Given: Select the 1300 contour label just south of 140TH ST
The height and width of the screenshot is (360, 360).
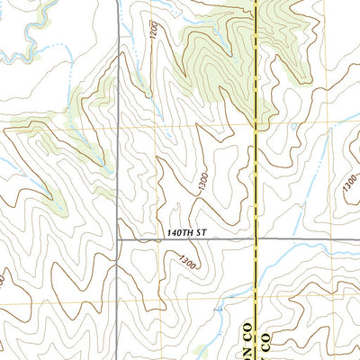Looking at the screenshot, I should point(187,263).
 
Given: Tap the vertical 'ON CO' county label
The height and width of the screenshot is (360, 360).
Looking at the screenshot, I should point(247,333).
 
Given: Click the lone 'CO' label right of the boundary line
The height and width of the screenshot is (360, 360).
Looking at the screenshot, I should point(266,342).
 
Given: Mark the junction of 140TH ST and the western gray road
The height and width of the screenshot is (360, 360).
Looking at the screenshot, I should point(120,240).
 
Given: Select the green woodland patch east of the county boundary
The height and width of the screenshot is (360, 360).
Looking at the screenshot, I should point(288,45).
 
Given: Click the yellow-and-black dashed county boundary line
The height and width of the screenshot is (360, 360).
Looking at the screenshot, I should point(256,90).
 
